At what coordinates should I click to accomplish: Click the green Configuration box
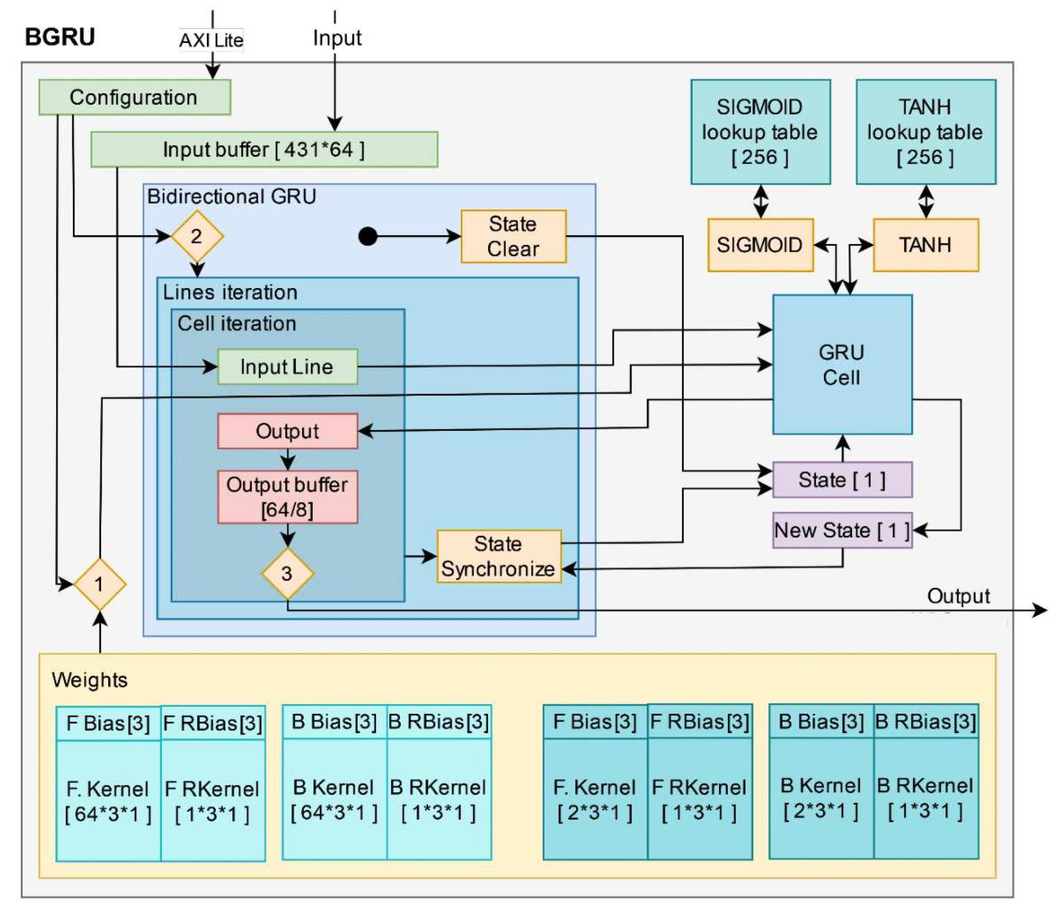tap(135, 97)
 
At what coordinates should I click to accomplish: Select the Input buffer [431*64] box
tap(264, 150)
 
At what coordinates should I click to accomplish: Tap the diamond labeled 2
tap(197, 236)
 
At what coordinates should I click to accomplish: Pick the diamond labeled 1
tap(100, 584)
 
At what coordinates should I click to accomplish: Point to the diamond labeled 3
tap(288, 574)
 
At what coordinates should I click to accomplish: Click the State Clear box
tap(514, 236)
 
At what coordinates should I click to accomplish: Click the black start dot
tap(368, 236)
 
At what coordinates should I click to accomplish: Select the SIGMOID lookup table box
tap(761, 132)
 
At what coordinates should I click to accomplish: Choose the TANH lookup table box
tap(926, 132)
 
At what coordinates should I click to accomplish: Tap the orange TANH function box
tap(926, 245)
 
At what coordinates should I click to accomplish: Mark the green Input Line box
tap(288, 367)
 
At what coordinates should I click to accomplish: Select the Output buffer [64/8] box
tap(288, 497)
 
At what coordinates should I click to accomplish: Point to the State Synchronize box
tap(499, 556)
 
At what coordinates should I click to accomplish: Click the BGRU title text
tap(60, 37)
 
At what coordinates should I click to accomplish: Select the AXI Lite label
tap(211, 40)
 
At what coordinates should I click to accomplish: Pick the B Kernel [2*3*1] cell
tap(821, 798)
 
